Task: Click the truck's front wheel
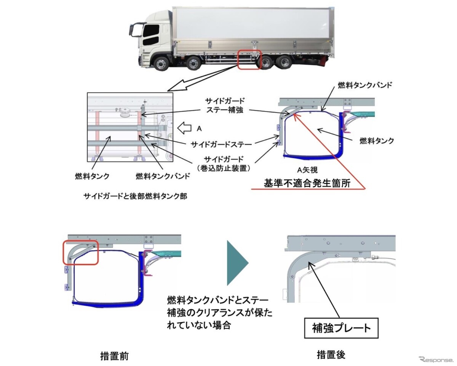coord(163,64)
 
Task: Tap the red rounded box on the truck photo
coord(249,59)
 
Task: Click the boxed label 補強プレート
coord(341,328)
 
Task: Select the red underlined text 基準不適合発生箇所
coord(307,183)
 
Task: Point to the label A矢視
coord(307,170)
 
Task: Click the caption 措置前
coord(115,356)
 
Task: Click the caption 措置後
coord(331,355)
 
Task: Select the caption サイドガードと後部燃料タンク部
coord(135,196)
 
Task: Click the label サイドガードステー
coord(221,144)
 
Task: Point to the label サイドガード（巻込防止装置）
coord(223,164)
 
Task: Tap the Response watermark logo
coord(437,360)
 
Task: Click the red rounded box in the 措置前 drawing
coord(81,252)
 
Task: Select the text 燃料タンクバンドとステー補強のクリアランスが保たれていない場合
coord(219,313)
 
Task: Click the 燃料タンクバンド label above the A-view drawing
coord(364,85)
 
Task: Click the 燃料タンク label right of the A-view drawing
coord(377,141)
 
